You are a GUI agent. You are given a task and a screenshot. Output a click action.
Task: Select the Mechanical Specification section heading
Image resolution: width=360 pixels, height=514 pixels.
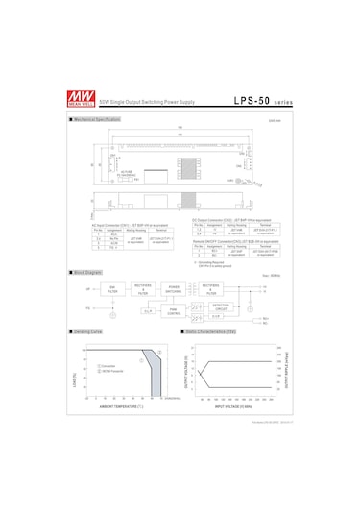click(97, 119)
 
